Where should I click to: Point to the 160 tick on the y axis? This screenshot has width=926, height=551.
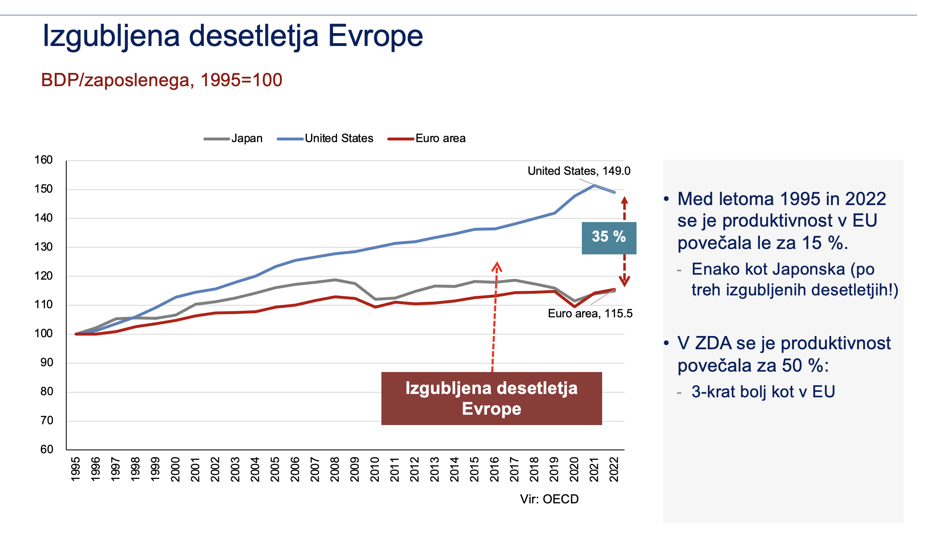[43, 160]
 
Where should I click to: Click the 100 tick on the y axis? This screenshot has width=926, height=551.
[43, 333]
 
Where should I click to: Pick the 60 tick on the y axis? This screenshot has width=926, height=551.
[46, 450]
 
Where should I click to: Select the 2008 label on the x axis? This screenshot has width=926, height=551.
[335, 469]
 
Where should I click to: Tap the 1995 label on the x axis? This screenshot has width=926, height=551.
[75, 469]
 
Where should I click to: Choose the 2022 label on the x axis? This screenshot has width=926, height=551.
[614, 469]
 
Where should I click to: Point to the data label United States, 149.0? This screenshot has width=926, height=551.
[579, 171]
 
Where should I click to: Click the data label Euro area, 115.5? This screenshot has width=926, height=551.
[590, 314]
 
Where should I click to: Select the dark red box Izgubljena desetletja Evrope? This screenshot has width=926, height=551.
[491, 398]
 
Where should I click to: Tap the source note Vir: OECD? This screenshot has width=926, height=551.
[549, 499]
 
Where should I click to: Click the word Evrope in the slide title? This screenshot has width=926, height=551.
[375, 36]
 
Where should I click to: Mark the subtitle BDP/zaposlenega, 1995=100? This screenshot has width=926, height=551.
[162, 80]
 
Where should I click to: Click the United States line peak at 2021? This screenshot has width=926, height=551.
[594, 186]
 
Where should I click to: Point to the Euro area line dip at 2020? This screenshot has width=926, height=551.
[574, 307]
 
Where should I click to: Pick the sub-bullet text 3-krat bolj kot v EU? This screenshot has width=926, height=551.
[763, 392]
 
